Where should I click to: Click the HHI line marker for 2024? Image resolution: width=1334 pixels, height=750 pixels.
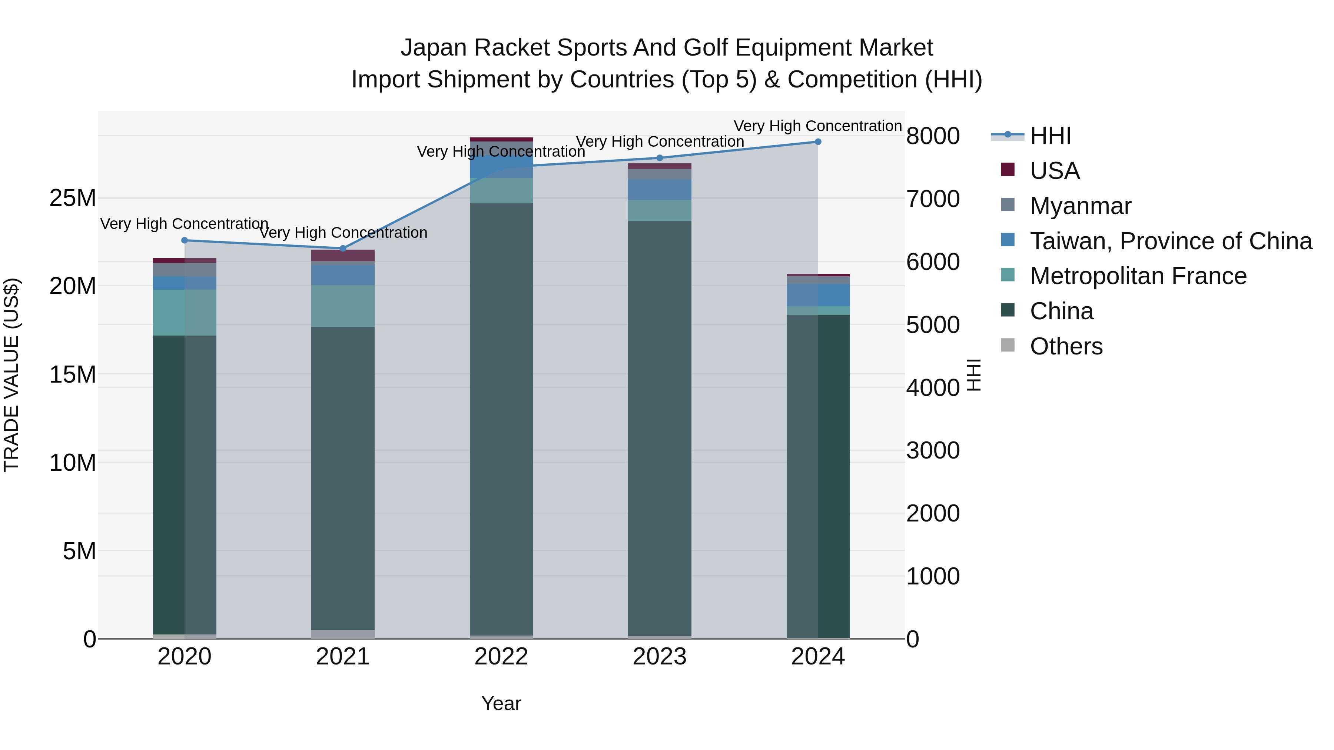pyautogui.click(x=818, y=142)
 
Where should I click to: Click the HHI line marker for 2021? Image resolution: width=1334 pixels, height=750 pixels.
pyautogui.click(x=343, y=249)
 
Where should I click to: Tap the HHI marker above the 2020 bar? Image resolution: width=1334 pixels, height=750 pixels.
pyautogui.click(x=185, y=240)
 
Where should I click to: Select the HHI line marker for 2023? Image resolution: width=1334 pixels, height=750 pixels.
pyautogui.click(x=659, y=158)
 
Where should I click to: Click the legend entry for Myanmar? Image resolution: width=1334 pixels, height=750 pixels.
pyautogui.click(x=1080, y=206)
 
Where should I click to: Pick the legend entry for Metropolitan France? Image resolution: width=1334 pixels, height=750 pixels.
pyautogui.click(x=1138, y=276)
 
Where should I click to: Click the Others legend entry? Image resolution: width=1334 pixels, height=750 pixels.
pyautogui.click(x=1066, y=346)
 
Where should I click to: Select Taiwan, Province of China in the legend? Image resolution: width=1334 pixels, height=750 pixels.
pyautogui.click(x=1170, y=241)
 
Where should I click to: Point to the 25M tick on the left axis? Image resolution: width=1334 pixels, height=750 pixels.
pyautogui.click(x=73, y=198)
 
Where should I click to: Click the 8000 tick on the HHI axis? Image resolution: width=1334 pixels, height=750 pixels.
pyautogui.click(x=933, y=136)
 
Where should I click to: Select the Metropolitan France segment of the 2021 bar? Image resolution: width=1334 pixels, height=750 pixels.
pyautogui.click(x=343, y=306)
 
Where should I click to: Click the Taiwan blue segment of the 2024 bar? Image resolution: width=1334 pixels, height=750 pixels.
pyautogui.click(x=818, y=295)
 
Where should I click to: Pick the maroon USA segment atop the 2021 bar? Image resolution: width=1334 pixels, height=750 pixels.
pyautogui.click(x=343, y=255)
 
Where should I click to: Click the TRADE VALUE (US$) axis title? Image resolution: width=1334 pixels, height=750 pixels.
pyautogui.click(x=12, y=375)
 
